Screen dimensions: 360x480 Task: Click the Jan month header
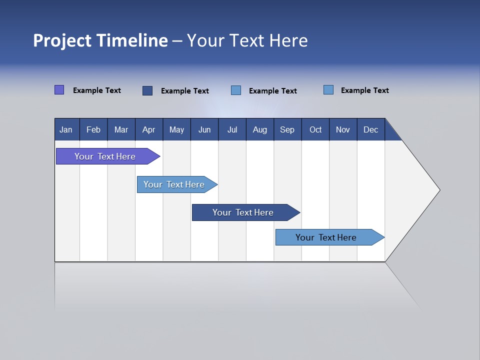(x=66, y=129)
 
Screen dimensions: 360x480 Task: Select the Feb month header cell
(x=93, y=129)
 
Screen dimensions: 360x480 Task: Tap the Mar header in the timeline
(x=121, y=129)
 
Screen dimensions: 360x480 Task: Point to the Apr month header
(x=148, y=129)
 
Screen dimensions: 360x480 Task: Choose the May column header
(x=176, y=129)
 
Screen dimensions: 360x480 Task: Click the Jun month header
(x=204, y=129)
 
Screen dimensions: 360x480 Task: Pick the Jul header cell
(x=232, y=129)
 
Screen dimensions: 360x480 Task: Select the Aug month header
(x=260, y=129)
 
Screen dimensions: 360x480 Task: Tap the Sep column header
(x=287, y=129)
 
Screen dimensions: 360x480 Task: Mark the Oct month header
(x=315, y=129)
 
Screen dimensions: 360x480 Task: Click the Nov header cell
(x=343, y=129)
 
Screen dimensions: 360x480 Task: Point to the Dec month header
(x=371, y=129)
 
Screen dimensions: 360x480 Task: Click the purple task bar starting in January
(x=105, y=156)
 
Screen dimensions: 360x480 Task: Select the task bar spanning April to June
(x=174, y=184)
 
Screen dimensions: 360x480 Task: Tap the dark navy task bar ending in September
(x=243, y=212)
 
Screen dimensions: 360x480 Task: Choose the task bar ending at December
(x=326, y=237)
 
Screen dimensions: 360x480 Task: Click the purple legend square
(x=59, y=90)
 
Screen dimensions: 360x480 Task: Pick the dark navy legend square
(x=147, y=90)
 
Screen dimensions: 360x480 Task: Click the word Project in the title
(x=62, y=40)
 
